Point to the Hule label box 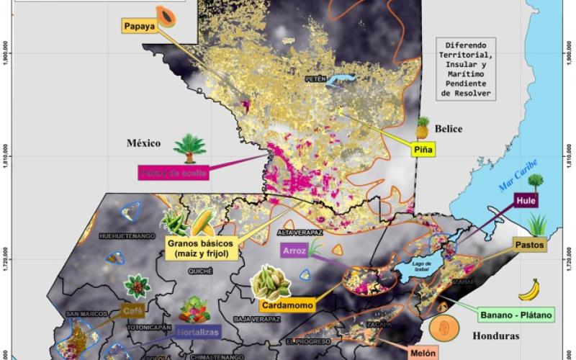(526, 201)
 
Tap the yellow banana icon (529, 289)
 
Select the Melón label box (420, 354)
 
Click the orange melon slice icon (444, 328)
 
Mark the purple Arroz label (294, 250)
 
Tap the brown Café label (133, 311)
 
